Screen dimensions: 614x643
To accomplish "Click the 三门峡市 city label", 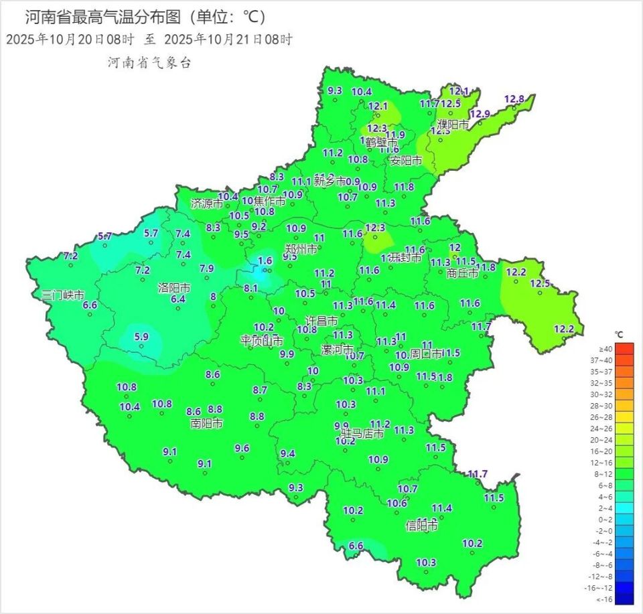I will click(63, 295).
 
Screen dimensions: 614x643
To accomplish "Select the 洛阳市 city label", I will click(174, 288).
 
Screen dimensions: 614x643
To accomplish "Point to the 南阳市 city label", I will click(207, 423).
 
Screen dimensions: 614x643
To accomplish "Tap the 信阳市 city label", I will click(422, 526).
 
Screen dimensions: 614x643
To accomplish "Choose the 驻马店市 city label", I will click(362, 435).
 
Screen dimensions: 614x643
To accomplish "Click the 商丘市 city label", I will click(462, 273).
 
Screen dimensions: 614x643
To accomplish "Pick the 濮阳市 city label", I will click(453, 125).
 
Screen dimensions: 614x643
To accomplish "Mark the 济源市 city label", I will click(207, 203).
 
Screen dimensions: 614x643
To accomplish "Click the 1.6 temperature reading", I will click(265, 261).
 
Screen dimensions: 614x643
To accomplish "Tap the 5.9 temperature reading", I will click(141, 337).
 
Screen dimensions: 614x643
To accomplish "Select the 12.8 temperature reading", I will click(514, 99).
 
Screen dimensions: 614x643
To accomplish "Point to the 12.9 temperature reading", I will click(480, 113).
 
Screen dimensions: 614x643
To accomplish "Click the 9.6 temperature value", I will click(242, 448).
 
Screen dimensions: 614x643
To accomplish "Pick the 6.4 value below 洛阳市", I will click(177, 299).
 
